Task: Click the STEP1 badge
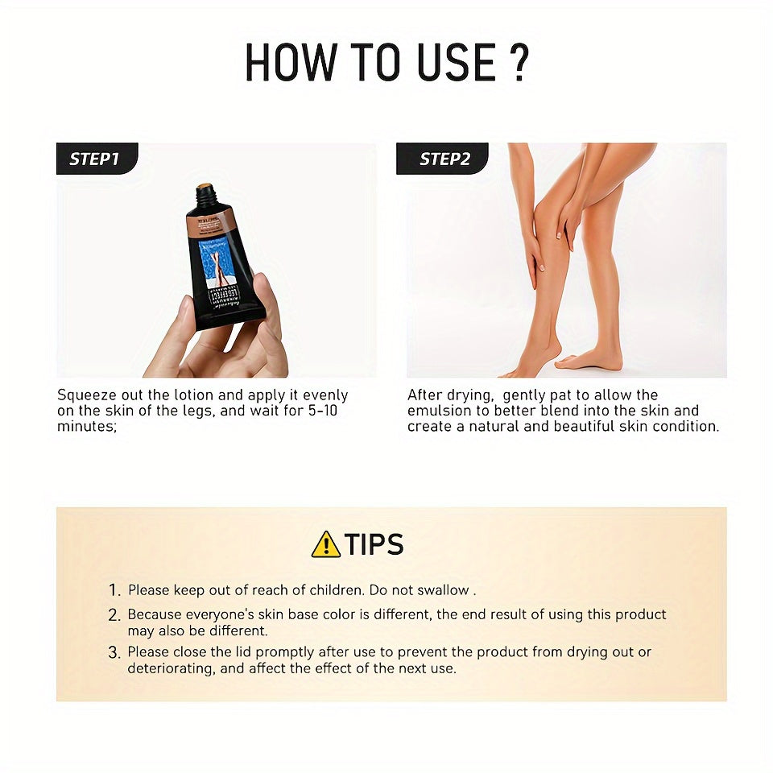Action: (95, 159)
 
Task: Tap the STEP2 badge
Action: (444, 159)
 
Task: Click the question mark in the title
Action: (519, 63)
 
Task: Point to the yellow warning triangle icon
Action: (325, 544)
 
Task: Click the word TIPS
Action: (374, 544)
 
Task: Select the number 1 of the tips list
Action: (114, 590)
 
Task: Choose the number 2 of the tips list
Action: (114, 615)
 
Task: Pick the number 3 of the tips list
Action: (114, 652)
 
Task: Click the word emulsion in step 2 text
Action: (440, 411)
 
